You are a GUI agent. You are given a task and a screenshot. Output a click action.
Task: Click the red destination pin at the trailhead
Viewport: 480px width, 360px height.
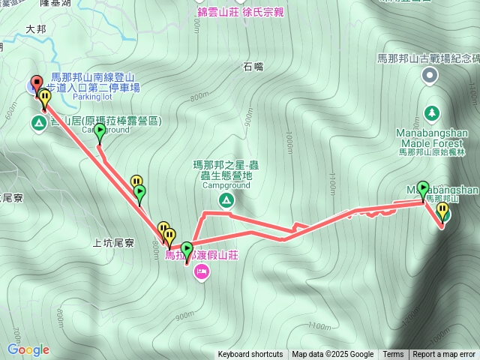click(x=34, y=84)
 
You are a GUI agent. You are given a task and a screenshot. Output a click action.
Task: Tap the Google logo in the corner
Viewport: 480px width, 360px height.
click(x=28, y=349)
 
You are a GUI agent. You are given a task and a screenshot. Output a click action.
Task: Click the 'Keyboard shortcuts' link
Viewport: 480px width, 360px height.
click(x=250, y=355)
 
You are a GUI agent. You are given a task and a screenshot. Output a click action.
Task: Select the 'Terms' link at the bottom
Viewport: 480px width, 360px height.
click(x=393, y=355)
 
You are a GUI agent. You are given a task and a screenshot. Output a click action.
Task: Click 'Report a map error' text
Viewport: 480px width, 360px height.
click(x=444, y=355)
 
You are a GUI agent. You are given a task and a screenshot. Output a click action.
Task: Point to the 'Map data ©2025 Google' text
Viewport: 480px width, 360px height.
click(x=332, y=355)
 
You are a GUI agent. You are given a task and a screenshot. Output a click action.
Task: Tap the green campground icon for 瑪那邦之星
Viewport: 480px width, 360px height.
click(x=225, y=199)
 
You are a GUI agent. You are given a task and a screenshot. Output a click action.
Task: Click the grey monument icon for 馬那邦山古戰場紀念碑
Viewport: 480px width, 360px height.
click(x=430, y=74)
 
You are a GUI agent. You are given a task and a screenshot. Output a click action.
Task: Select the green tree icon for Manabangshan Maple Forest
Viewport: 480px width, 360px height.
click(x=432, y=113)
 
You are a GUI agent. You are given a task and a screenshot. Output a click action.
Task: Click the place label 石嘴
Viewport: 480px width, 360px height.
click(x=253, y=67)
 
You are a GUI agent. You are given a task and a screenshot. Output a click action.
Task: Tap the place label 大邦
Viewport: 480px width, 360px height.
click(x=36, y=29)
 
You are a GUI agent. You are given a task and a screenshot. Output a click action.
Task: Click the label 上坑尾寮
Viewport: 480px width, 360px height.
click(x=112, y=242)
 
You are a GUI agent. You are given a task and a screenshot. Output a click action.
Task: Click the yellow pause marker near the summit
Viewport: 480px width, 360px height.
click(x=442, y=211)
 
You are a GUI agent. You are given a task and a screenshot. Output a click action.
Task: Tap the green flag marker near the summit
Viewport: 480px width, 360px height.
click(x=423, y=189)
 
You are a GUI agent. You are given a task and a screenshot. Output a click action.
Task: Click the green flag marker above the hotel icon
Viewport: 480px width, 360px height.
click(x=187, y=249)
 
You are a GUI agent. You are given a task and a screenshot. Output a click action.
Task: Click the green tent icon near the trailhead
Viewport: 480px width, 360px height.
click(x=38, y=121)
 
